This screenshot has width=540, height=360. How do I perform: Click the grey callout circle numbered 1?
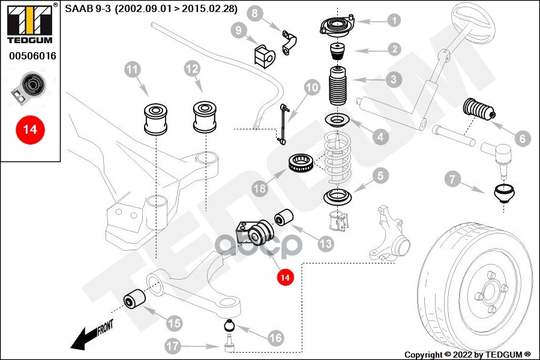tap(393, 20)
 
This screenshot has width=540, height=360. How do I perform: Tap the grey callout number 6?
tap(521, 139)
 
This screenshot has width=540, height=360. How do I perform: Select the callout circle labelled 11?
tap(133, 70)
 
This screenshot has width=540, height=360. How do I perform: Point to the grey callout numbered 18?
tap(259, 189)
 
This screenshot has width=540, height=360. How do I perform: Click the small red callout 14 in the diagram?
tap(285, 277)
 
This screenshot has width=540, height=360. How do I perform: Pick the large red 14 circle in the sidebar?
tap(30, 128)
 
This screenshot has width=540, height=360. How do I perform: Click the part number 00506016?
tap(32, 56)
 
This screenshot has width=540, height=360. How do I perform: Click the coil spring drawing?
tap(340, 159)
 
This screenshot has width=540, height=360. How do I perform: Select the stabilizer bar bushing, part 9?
tap(262, 55)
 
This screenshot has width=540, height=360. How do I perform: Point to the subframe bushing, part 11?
tap(155, 117)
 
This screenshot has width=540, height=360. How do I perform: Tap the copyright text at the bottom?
tap(467, 355)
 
